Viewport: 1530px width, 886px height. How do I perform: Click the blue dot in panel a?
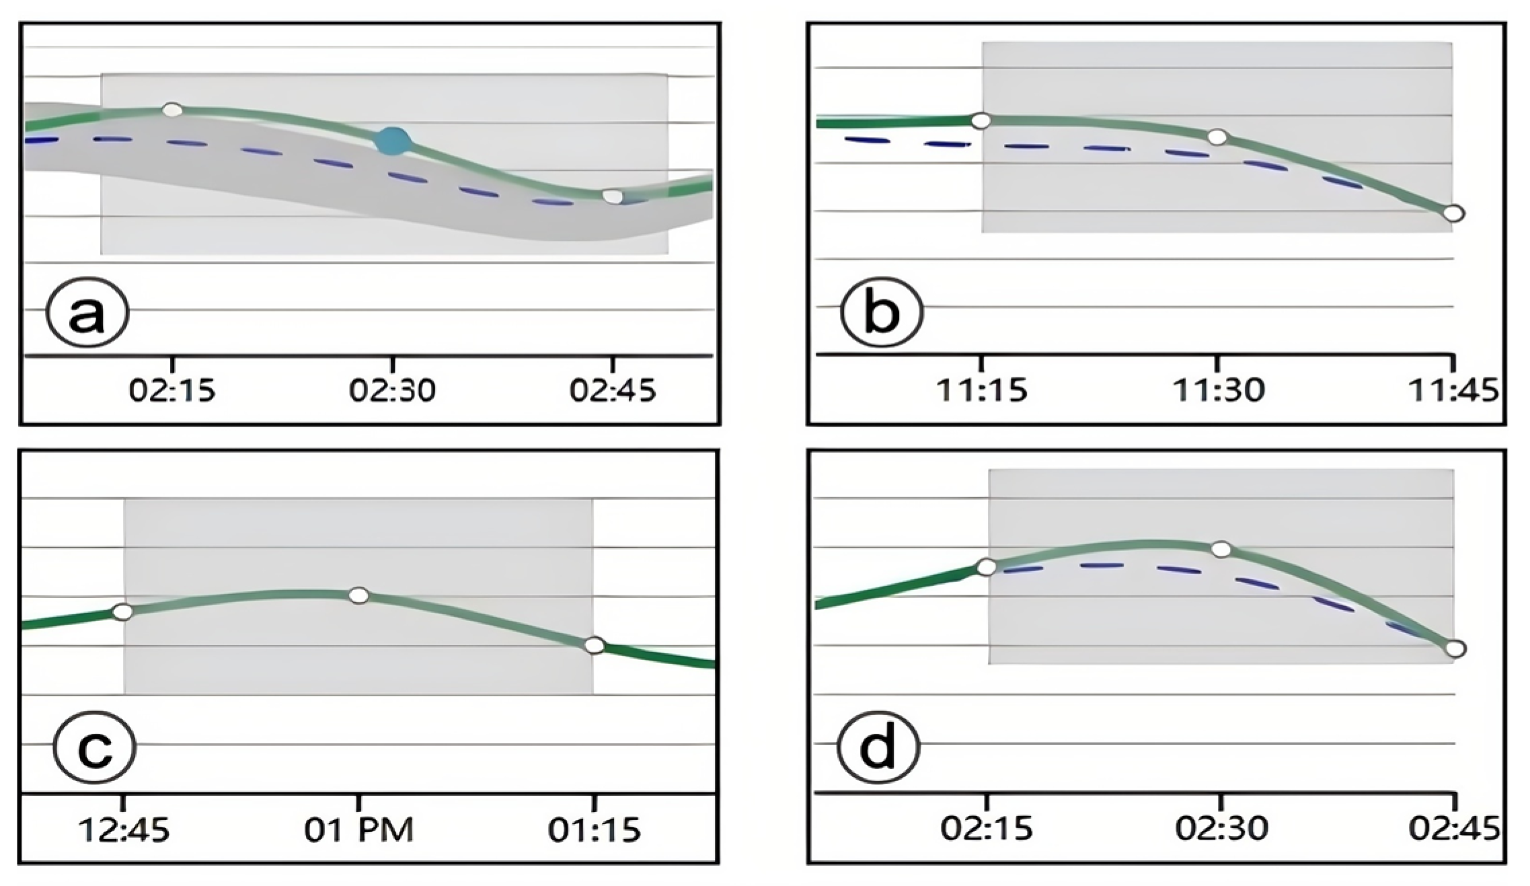point(393,141)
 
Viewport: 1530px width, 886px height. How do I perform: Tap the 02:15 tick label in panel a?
point(172,390)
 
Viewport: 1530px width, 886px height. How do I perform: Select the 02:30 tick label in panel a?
point(393,390)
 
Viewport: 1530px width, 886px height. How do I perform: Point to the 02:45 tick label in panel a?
point(613,390)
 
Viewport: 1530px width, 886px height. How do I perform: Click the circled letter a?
point(87,314)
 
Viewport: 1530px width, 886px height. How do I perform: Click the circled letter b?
point(882,312)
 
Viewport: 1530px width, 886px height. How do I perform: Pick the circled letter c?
point(95,748)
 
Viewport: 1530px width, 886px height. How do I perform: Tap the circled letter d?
point(878,747)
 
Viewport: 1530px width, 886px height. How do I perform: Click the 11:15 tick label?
point(982,390)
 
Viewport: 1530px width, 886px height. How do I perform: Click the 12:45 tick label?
point(124,830)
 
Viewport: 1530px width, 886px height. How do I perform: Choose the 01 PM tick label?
point(358,830)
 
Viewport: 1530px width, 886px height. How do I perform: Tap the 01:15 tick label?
point(594,830)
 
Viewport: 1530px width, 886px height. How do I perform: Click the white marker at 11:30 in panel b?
point(1217,137)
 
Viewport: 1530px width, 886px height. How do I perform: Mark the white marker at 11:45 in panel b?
point(1453,213)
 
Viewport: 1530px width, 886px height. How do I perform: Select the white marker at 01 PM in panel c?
point(359,595)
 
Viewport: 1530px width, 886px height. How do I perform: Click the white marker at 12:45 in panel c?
point(123,612)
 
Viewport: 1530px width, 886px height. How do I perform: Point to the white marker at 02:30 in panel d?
point(1221,550)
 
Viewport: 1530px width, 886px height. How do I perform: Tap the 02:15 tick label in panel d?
point(987,829)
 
